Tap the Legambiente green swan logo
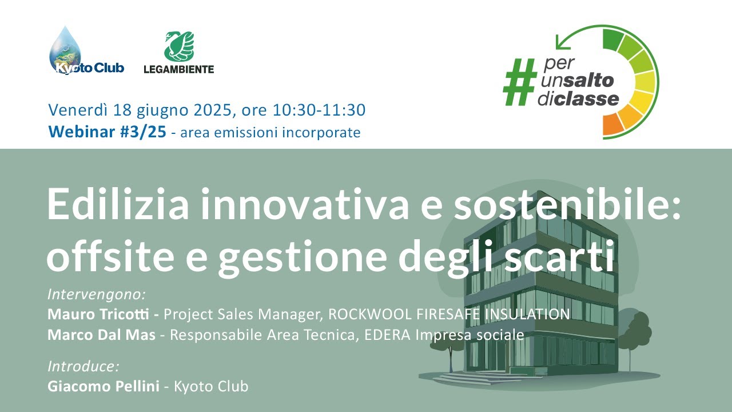(179, 46)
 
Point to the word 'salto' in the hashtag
(589, 80)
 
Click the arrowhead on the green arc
(561, 42)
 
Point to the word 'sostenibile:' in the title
(567, 204)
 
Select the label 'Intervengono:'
(97, 295)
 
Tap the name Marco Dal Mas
(101, 335)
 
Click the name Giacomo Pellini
(103, 386)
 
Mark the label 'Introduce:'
(83, 366)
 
